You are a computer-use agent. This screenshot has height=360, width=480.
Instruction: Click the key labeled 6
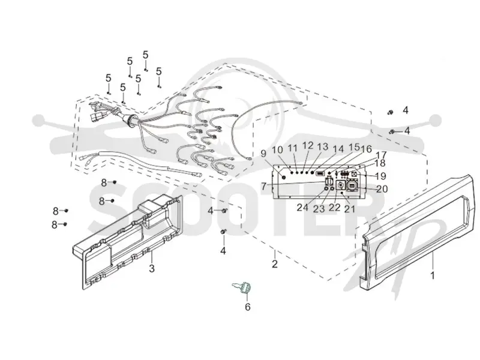(x=242, y=288)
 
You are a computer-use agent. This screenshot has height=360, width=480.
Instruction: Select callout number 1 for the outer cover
(x=433, y=276)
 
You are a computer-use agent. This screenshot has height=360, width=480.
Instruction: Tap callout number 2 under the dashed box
(x=275, y=263)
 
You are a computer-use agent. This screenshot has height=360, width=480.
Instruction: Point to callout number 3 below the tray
(x=152, y=269)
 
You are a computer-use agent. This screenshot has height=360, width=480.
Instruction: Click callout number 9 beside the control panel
(x=264, y=154)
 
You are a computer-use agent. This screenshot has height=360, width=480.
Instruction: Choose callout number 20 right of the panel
(x=382, y=189)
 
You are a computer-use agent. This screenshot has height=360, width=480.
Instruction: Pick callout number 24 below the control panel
(x=302, y=207)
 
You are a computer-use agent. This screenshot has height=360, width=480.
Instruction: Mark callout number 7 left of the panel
(x=264, y=186)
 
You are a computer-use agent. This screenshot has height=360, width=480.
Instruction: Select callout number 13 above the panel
(x=322, y=147)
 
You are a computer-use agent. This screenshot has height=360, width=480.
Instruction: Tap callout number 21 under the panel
(x=350, y=209)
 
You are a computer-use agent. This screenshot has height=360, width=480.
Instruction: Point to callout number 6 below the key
(x=247, y=307)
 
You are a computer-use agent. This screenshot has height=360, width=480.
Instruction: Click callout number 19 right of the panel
(x=381, y=176)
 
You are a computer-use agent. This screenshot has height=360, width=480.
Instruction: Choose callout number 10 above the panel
(x=278, y=149)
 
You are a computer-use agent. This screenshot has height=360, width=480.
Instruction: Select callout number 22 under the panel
(x=334, y=207)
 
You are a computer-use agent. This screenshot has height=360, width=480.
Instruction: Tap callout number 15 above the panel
(x=353, y=147)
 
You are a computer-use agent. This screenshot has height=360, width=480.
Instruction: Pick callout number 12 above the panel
(x=307, y=146)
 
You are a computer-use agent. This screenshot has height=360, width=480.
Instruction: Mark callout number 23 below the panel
(x=319, y=209)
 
